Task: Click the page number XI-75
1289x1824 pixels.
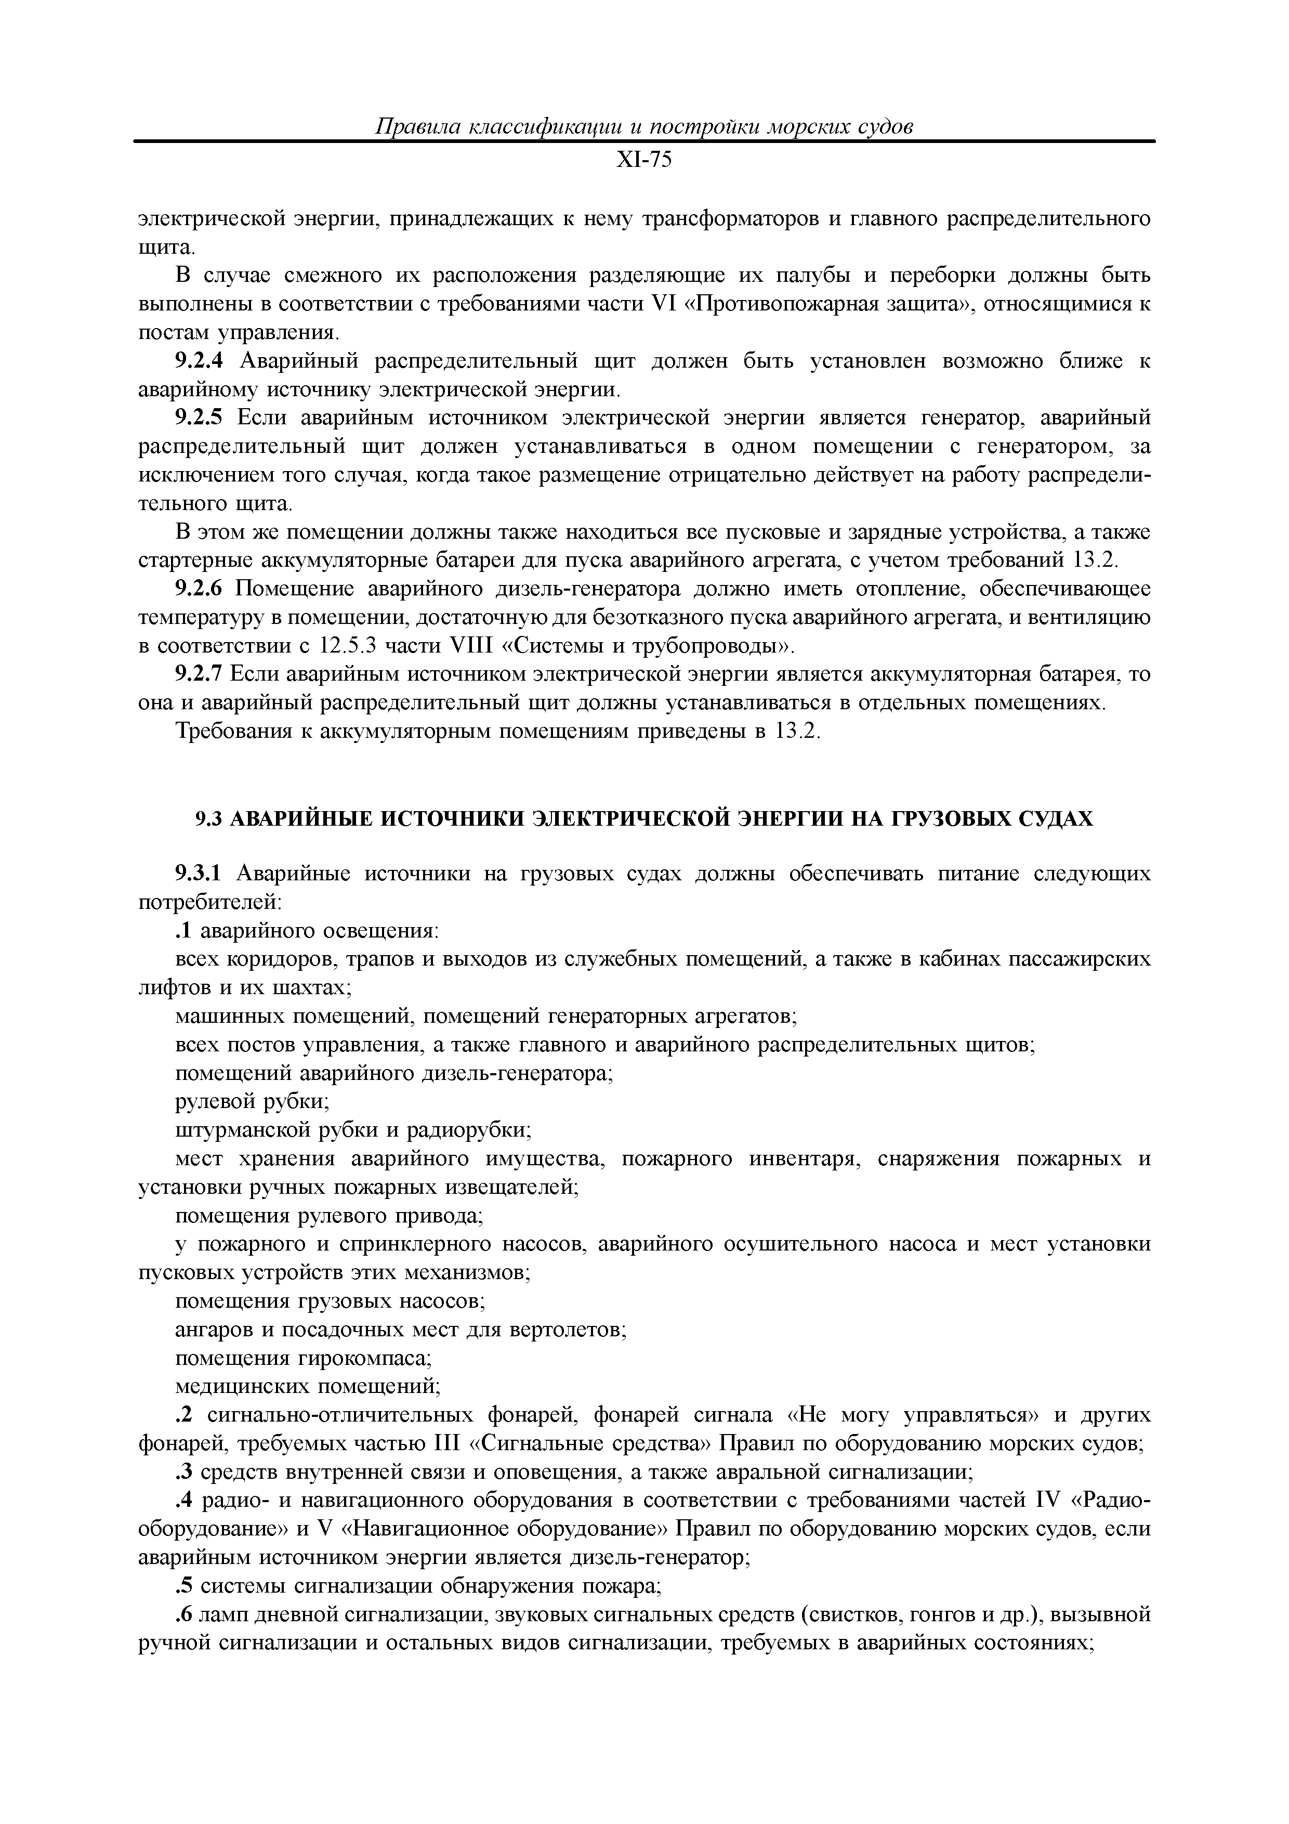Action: (644, 161)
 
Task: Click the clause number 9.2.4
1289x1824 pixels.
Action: (200, 361)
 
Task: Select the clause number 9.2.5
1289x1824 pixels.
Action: (200, 418)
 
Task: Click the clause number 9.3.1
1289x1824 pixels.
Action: (200, 874)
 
